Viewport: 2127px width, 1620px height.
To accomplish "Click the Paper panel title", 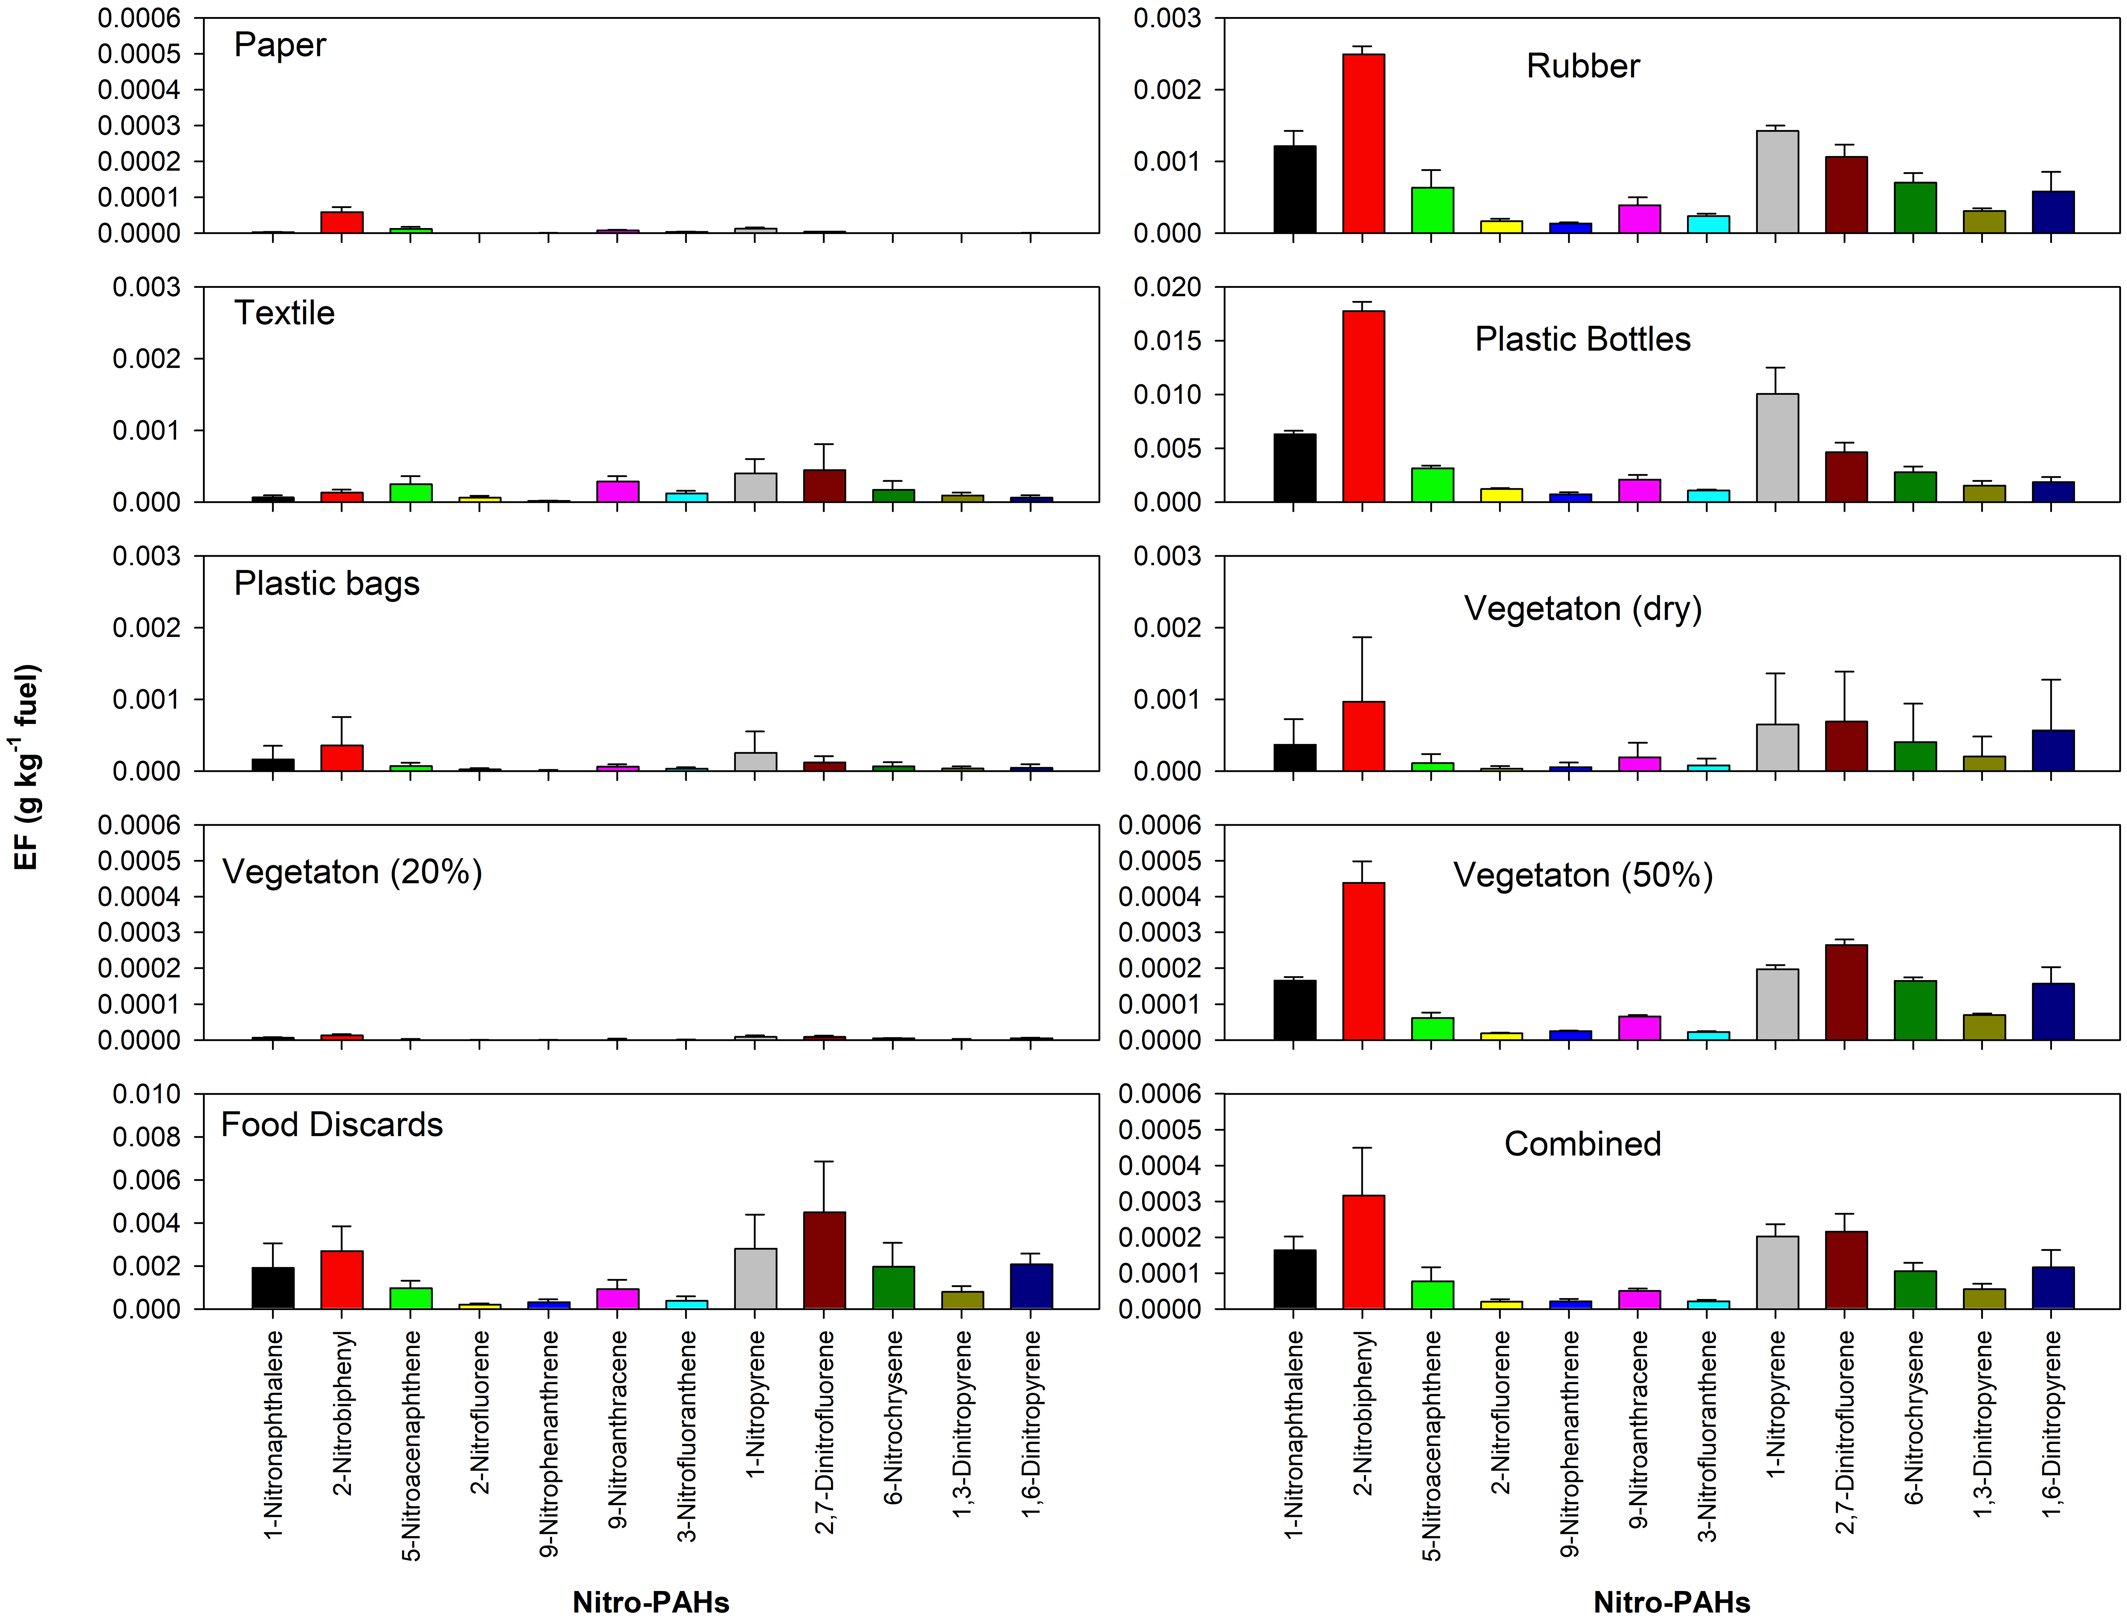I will point(280,45).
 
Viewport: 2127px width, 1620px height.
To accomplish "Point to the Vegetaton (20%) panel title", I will point(352,872).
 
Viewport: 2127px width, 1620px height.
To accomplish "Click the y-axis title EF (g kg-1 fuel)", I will point(27,767).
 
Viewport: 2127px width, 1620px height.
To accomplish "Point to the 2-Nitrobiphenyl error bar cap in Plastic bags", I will point(341,717).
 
